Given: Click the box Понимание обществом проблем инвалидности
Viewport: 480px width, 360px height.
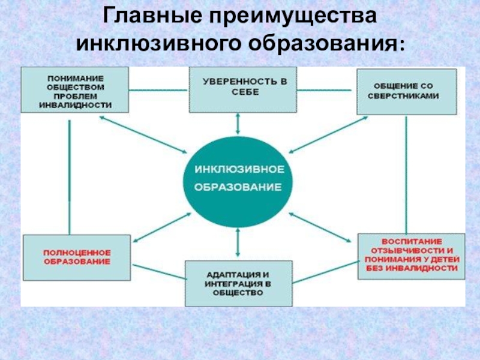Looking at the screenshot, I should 75,90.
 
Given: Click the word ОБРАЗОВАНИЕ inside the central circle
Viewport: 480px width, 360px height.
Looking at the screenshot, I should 238,187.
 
